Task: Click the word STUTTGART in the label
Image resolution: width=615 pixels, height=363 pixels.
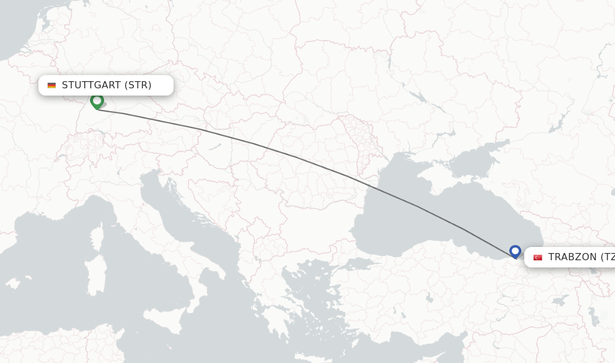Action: pos(92,85)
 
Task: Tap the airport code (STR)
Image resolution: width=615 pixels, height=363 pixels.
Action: pos(138,85)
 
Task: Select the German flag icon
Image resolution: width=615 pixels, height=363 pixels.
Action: pos(52,85)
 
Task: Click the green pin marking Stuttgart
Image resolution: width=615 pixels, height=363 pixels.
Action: pos(97,101)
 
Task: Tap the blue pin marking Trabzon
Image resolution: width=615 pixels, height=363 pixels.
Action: pos(515,251)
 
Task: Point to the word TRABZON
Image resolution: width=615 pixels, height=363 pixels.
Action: pos(572,257)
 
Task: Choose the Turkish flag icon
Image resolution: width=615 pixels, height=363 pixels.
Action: pos(538,257)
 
